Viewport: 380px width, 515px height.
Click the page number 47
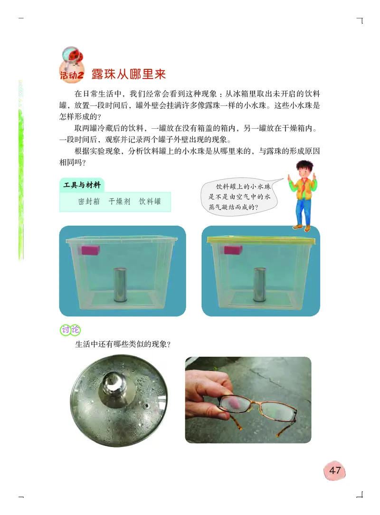335,470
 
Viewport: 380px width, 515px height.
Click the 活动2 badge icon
72,67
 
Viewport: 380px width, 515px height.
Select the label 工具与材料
83,186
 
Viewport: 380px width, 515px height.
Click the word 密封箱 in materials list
89,201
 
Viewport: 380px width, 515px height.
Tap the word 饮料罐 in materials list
150,201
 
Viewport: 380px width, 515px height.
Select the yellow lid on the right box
261,240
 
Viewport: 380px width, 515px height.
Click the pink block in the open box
90,250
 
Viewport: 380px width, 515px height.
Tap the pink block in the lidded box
233,250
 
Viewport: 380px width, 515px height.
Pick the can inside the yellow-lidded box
260,284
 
